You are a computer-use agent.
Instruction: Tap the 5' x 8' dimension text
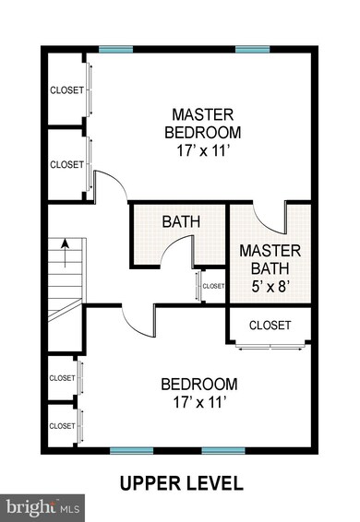coord(270,286)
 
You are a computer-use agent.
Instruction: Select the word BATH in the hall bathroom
coord(181,221)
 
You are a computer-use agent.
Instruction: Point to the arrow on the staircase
coord(65,254)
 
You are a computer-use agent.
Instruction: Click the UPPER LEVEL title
coord(181,483)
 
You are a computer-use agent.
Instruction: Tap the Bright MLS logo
coord(42,508)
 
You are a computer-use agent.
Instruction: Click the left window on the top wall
coord(115,50)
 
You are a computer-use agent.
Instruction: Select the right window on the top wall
coord(252,50)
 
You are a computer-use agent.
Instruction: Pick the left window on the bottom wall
coord(132,451)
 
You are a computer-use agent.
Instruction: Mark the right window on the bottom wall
coord(223,451)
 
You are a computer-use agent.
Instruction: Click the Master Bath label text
coord(270,259)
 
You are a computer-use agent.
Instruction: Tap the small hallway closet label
coord(213,286)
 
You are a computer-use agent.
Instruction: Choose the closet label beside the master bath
coord(270,326)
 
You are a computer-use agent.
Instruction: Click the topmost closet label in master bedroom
coord(66,90)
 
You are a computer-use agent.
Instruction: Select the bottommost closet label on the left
coord(63,426)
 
